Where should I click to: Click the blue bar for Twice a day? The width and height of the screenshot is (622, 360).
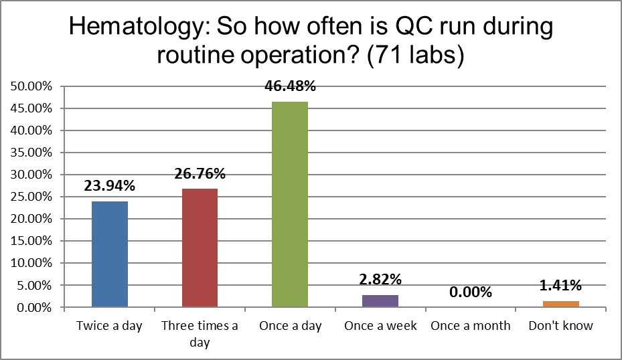[x=109, y=254]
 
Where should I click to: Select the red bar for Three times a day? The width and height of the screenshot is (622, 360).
[x=200, y=248]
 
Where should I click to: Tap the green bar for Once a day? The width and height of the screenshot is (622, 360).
[x=290, y=204]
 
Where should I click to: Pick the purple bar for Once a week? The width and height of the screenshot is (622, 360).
[x=380, y=301]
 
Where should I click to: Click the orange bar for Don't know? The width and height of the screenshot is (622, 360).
[x=561, y=304]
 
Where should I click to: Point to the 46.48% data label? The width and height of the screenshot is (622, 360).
[x=290, y=87]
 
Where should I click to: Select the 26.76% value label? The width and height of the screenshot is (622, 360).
[x=200, y=174]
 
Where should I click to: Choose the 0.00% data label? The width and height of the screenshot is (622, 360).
[x=471, y=292]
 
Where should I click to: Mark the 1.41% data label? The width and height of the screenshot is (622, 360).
[x=561, y=286]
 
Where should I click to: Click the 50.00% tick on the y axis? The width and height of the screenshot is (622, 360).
[x=31, y=86]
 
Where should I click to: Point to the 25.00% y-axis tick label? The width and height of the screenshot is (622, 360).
[x=31, y=197]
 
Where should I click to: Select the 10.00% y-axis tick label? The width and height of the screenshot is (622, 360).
[x=31, y=263]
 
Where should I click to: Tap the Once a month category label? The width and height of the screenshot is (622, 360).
[x=471, y=326]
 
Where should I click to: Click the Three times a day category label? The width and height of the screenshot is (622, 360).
[x=200, y=334]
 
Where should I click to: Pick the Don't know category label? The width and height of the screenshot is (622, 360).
[x=561, y=326]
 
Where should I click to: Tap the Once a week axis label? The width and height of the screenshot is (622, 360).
[x=380, y=326]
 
